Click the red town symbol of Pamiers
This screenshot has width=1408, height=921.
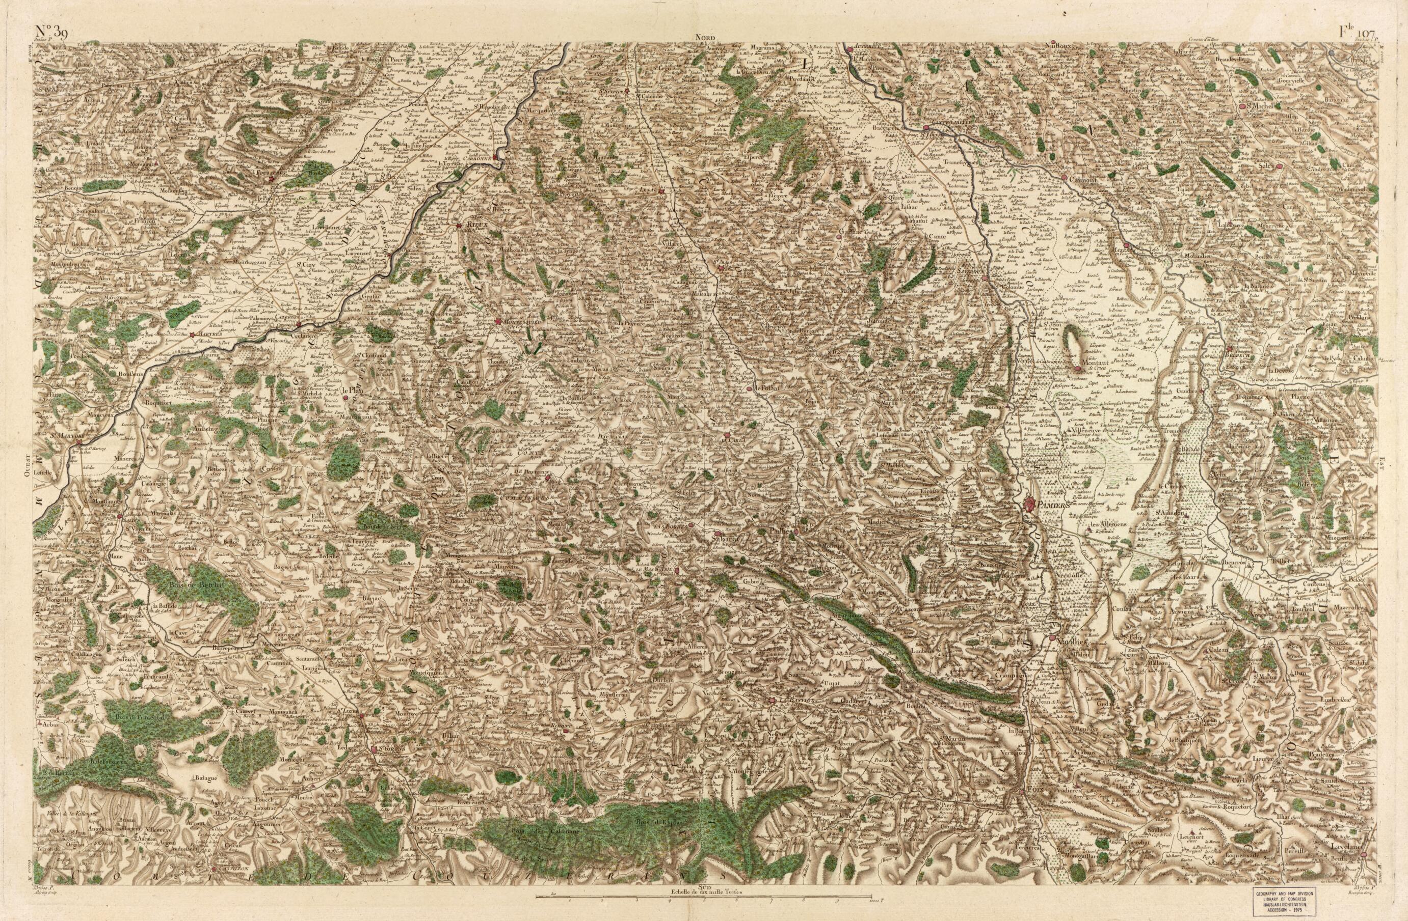(1031, 504)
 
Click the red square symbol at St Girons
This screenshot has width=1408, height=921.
(374, 749)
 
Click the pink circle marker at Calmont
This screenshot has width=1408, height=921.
(1064, 177)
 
